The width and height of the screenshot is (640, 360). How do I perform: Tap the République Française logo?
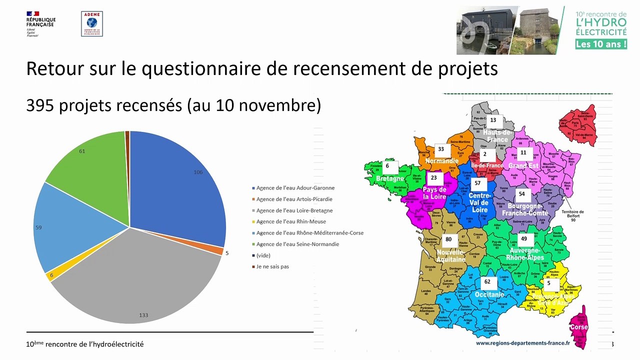click(40, 23)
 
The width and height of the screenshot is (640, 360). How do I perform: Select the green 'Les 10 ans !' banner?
click(601, 43)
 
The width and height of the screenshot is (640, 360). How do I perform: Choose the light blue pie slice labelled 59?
click(65, 225)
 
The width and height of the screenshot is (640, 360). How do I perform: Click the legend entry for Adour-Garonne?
click(295, 188)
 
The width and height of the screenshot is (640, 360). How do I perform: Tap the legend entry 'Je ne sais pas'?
click(272, 266)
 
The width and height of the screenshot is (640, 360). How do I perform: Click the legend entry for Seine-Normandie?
click(297, 244)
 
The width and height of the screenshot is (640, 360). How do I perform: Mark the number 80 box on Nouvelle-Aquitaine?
click(448, 239)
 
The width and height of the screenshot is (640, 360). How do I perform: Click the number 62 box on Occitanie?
click(487, 282)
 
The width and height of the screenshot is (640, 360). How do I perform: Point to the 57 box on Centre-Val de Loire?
click(477, 183)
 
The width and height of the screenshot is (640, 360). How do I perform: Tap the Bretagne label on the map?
click(389, 178)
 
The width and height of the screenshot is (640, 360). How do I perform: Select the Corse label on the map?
click(578, 327)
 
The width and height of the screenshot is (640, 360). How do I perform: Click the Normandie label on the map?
click(441, 161)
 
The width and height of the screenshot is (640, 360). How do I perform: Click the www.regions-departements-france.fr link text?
click(522, 343)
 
